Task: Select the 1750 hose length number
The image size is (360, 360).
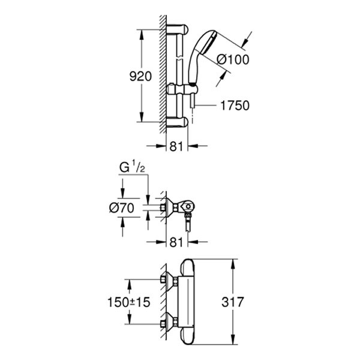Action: click(x=235, y=105)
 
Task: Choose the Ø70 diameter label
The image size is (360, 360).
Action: click(x=124, y=208)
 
